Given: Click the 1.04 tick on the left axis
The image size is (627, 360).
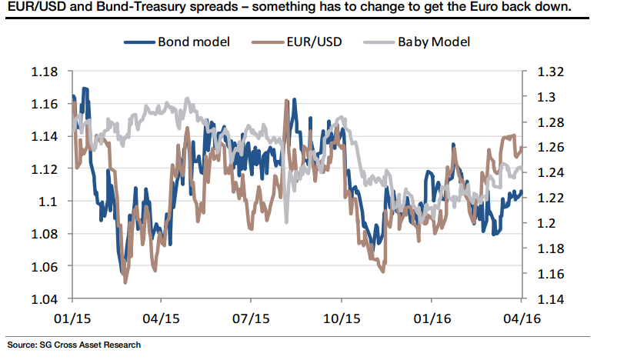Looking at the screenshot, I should click(x=45, y=298).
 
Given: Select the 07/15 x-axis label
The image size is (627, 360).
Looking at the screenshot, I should click(x=252, y=317).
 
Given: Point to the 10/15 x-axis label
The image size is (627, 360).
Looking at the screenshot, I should click(x=342, y=317).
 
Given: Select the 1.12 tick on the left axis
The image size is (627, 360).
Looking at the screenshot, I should click(x=45, y=169).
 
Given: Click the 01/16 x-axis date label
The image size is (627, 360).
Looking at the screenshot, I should click(x=432, y=317).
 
